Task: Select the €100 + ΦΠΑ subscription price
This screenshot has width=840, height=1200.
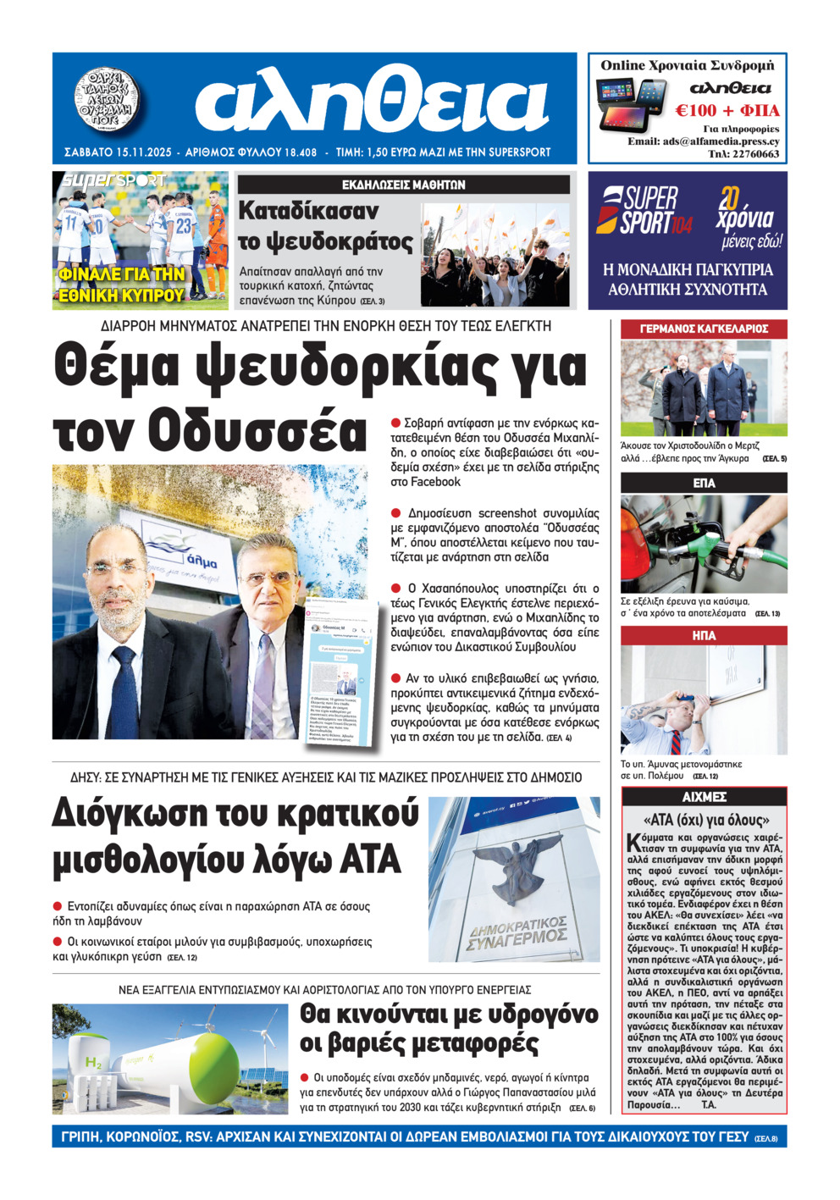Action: [x=727, y=110]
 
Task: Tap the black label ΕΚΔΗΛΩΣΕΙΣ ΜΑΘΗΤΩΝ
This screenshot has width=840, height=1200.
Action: [x=403, y=185]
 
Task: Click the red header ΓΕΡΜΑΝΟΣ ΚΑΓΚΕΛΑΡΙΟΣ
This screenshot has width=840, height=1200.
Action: [x=704, y=329]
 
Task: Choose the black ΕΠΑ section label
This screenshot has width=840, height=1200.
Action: [x=704, y=483]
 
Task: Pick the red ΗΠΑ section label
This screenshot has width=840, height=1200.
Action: [x=704, y=635]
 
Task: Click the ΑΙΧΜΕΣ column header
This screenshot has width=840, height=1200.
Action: [x=704, y=797]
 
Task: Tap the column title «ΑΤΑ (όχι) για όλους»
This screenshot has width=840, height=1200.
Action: [x=705, y=820]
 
